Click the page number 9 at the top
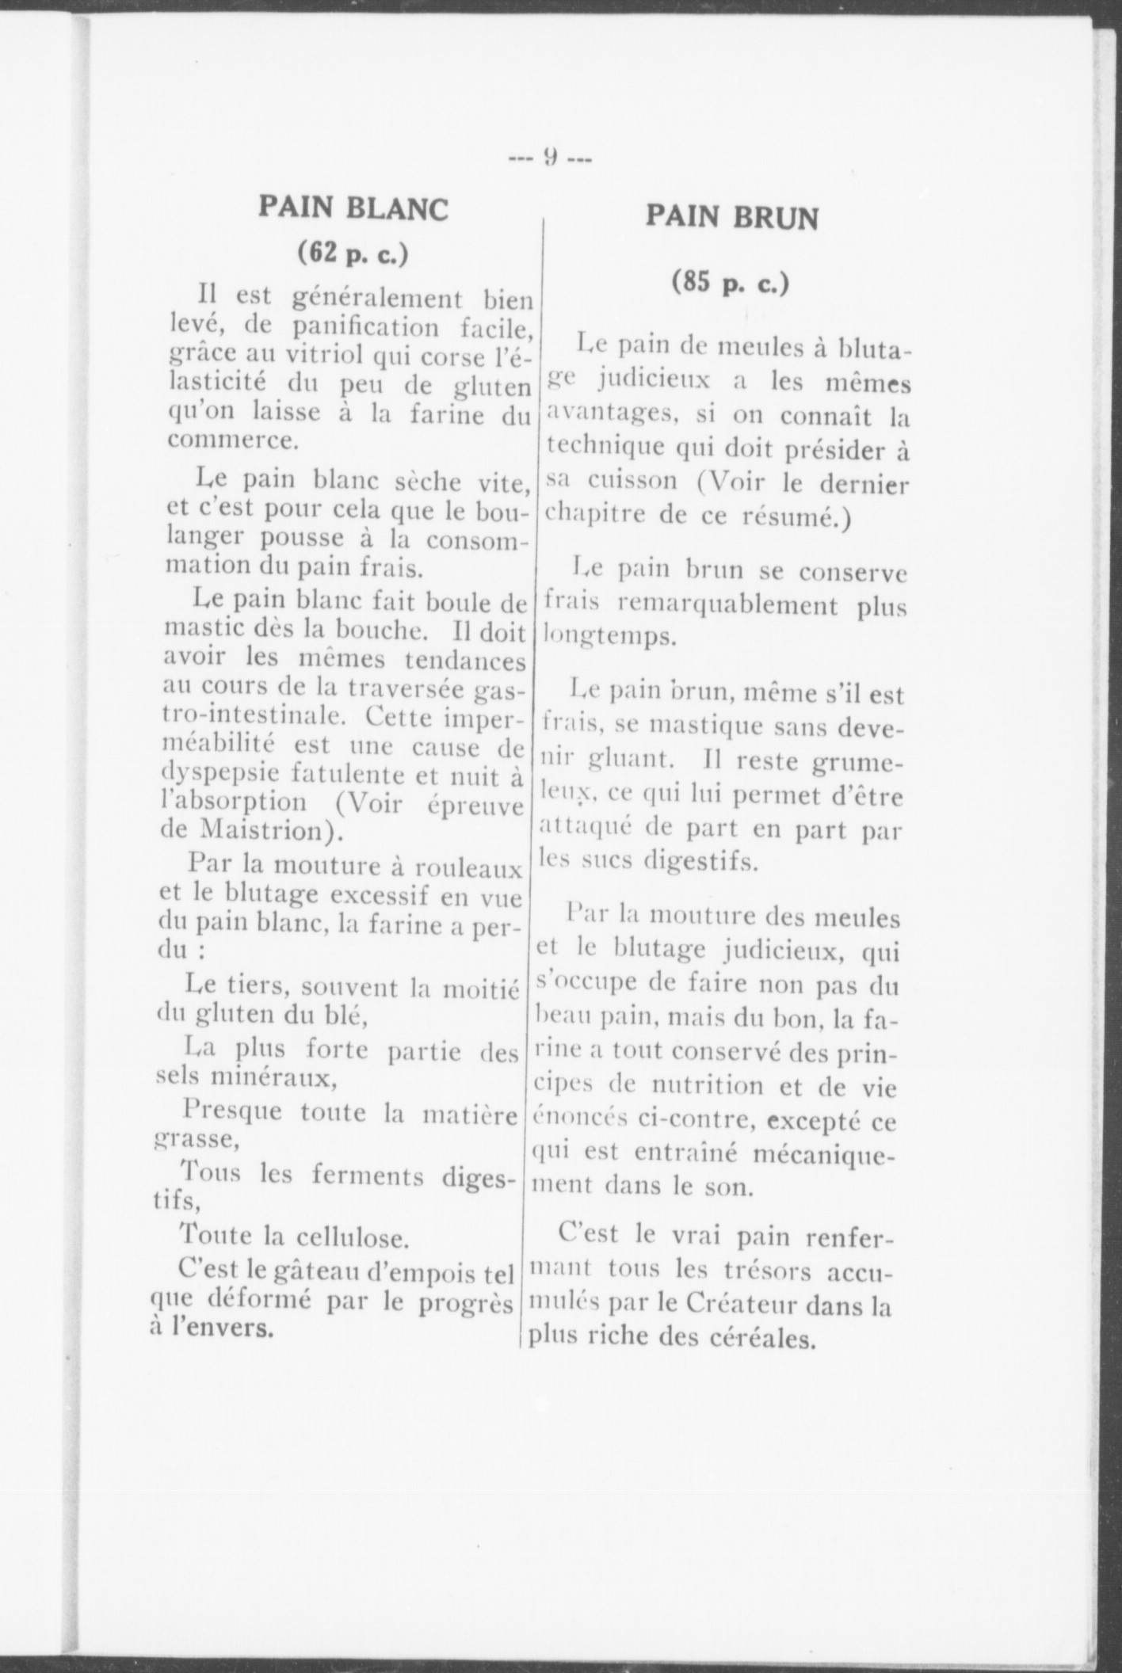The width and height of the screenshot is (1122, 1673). click(551, 158)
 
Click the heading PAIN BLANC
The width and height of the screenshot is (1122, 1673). click(353, 209)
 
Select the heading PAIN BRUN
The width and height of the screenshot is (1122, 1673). click(731, 217)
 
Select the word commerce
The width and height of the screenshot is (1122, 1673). click(232, 440)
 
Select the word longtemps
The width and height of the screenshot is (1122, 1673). click(609, 636)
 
